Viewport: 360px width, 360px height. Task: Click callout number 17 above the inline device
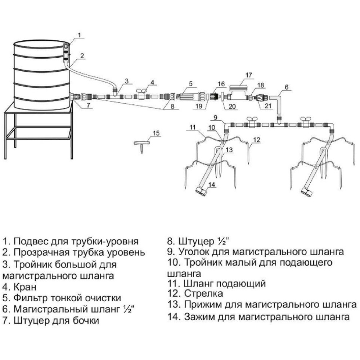[x=249, y=75]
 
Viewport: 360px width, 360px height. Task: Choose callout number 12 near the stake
[x=256, y=139]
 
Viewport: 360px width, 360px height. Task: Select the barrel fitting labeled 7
[x=76, y=97]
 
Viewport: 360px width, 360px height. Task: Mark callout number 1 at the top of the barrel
[x=80, y=35]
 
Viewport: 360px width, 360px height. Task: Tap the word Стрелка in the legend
[x=204, y=293]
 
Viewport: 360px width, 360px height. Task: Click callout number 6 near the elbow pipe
[x=287, y=87]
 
